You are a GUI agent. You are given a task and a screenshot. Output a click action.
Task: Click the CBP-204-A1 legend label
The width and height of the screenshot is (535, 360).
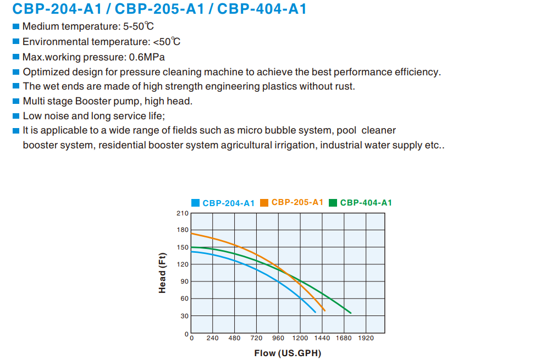point(228,203)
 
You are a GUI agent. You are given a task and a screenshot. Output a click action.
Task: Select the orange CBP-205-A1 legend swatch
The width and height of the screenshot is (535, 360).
point(264,202)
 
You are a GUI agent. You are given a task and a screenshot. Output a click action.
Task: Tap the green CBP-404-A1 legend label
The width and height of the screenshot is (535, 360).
point(366,202)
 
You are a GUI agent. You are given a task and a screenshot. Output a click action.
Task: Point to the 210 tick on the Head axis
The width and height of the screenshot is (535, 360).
point(182,213)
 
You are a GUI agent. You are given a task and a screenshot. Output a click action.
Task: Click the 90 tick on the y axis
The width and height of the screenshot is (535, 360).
point(184,281)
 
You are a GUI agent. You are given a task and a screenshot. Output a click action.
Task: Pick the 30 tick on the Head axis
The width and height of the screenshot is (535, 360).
point(184,316)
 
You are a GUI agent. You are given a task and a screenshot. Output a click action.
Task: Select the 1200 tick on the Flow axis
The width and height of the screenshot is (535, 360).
point(300,338)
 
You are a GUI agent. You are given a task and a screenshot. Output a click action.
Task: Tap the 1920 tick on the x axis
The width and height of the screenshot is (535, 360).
point(366,338)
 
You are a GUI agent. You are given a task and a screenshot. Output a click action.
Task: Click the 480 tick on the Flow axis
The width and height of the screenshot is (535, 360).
point(235,338)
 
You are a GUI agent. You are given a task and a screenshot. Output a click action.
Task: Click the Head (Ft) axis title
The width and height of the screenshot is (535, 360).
point(162,273)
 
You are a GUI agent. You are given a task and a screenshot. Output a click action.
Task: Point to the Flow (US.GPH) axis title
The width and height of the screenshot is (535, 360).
point(288,353)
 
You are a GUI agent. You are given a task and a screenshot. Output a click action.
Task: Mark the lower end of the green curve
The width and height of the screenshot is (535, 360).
point(350,313)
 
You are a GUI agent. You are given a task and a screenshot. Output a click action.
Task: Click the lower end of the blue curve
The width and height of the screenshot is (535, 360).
point(315,312)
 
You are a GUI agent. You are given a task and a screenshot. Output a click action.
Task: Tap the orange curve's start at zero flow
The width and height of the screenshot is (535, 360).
point(191,233)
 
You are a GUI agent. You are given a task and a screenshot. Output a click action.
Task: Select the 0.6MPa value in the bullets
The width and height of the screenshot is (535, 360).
point(147,57)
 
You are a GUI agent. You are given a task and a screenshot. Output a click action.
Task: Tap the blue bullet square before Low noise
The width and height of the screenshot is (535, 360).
point(16,116)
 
